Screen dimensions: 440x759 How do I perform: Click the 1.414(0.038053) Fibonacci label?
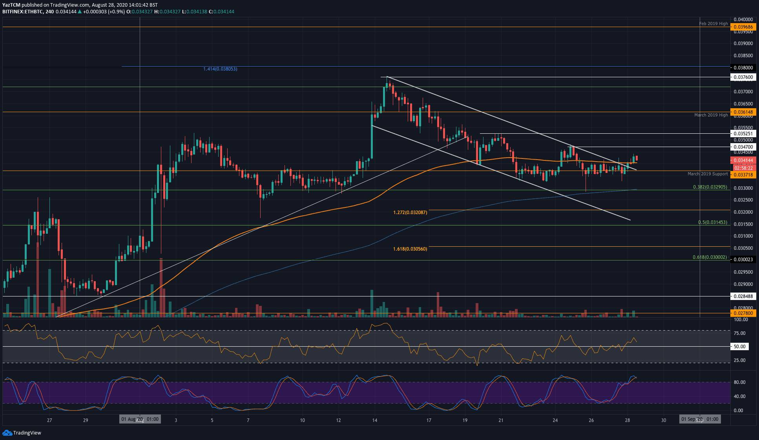[x=220, y=69]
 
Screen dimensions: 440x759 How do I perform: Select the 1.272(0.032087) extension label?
[x=410, y=213]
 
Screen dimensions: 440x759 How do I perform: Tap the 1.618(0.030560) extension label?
[x=410, y=249]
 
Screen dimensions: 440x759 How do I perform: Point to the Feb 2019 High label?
[x=713, y=24]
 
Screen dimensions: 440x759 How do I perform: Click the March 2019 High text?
[x=711, y=115]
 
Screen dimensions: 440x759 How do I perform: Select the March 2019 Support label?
[x=708, y=174]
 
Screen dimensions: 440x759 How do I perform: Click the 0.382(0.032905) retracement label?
[x=710, y=187]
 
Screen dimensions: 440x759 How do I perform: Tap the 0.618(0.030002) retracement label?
[x=710, y=257]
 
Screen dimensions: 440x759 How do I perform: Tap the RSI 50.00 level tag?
[x=739, y=347]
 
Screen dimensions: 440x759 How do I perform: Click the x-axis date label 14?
[x=375, y=420]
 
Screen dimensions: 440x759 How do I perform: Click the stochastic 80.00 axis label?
[x=739, y=382]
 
